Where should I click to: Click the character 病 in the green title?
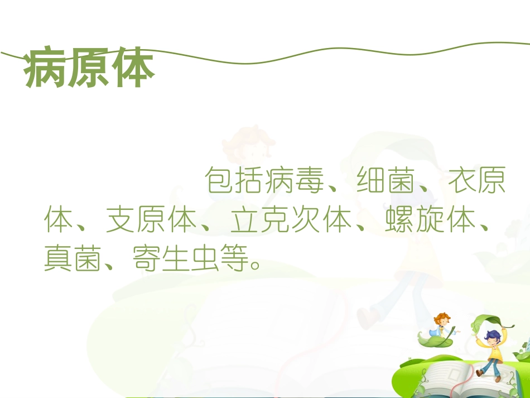click(x=45, y=70)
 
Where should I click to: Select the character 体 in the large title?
click(x=132, y=70)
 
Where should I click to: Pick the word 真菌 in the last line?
click(x=74, y=259)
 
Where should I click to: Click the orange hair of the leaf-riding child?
click(x=442, y=317)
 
